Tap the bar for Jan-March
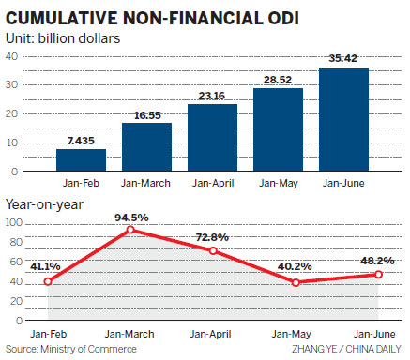[146, 147]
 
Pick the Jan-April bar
[212, 138]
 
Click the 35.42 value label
[343, 60]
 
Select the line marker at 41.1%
[47, 281]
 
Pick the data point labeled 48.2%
[378, 274]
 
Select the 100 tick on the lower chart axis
[14, 223]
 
